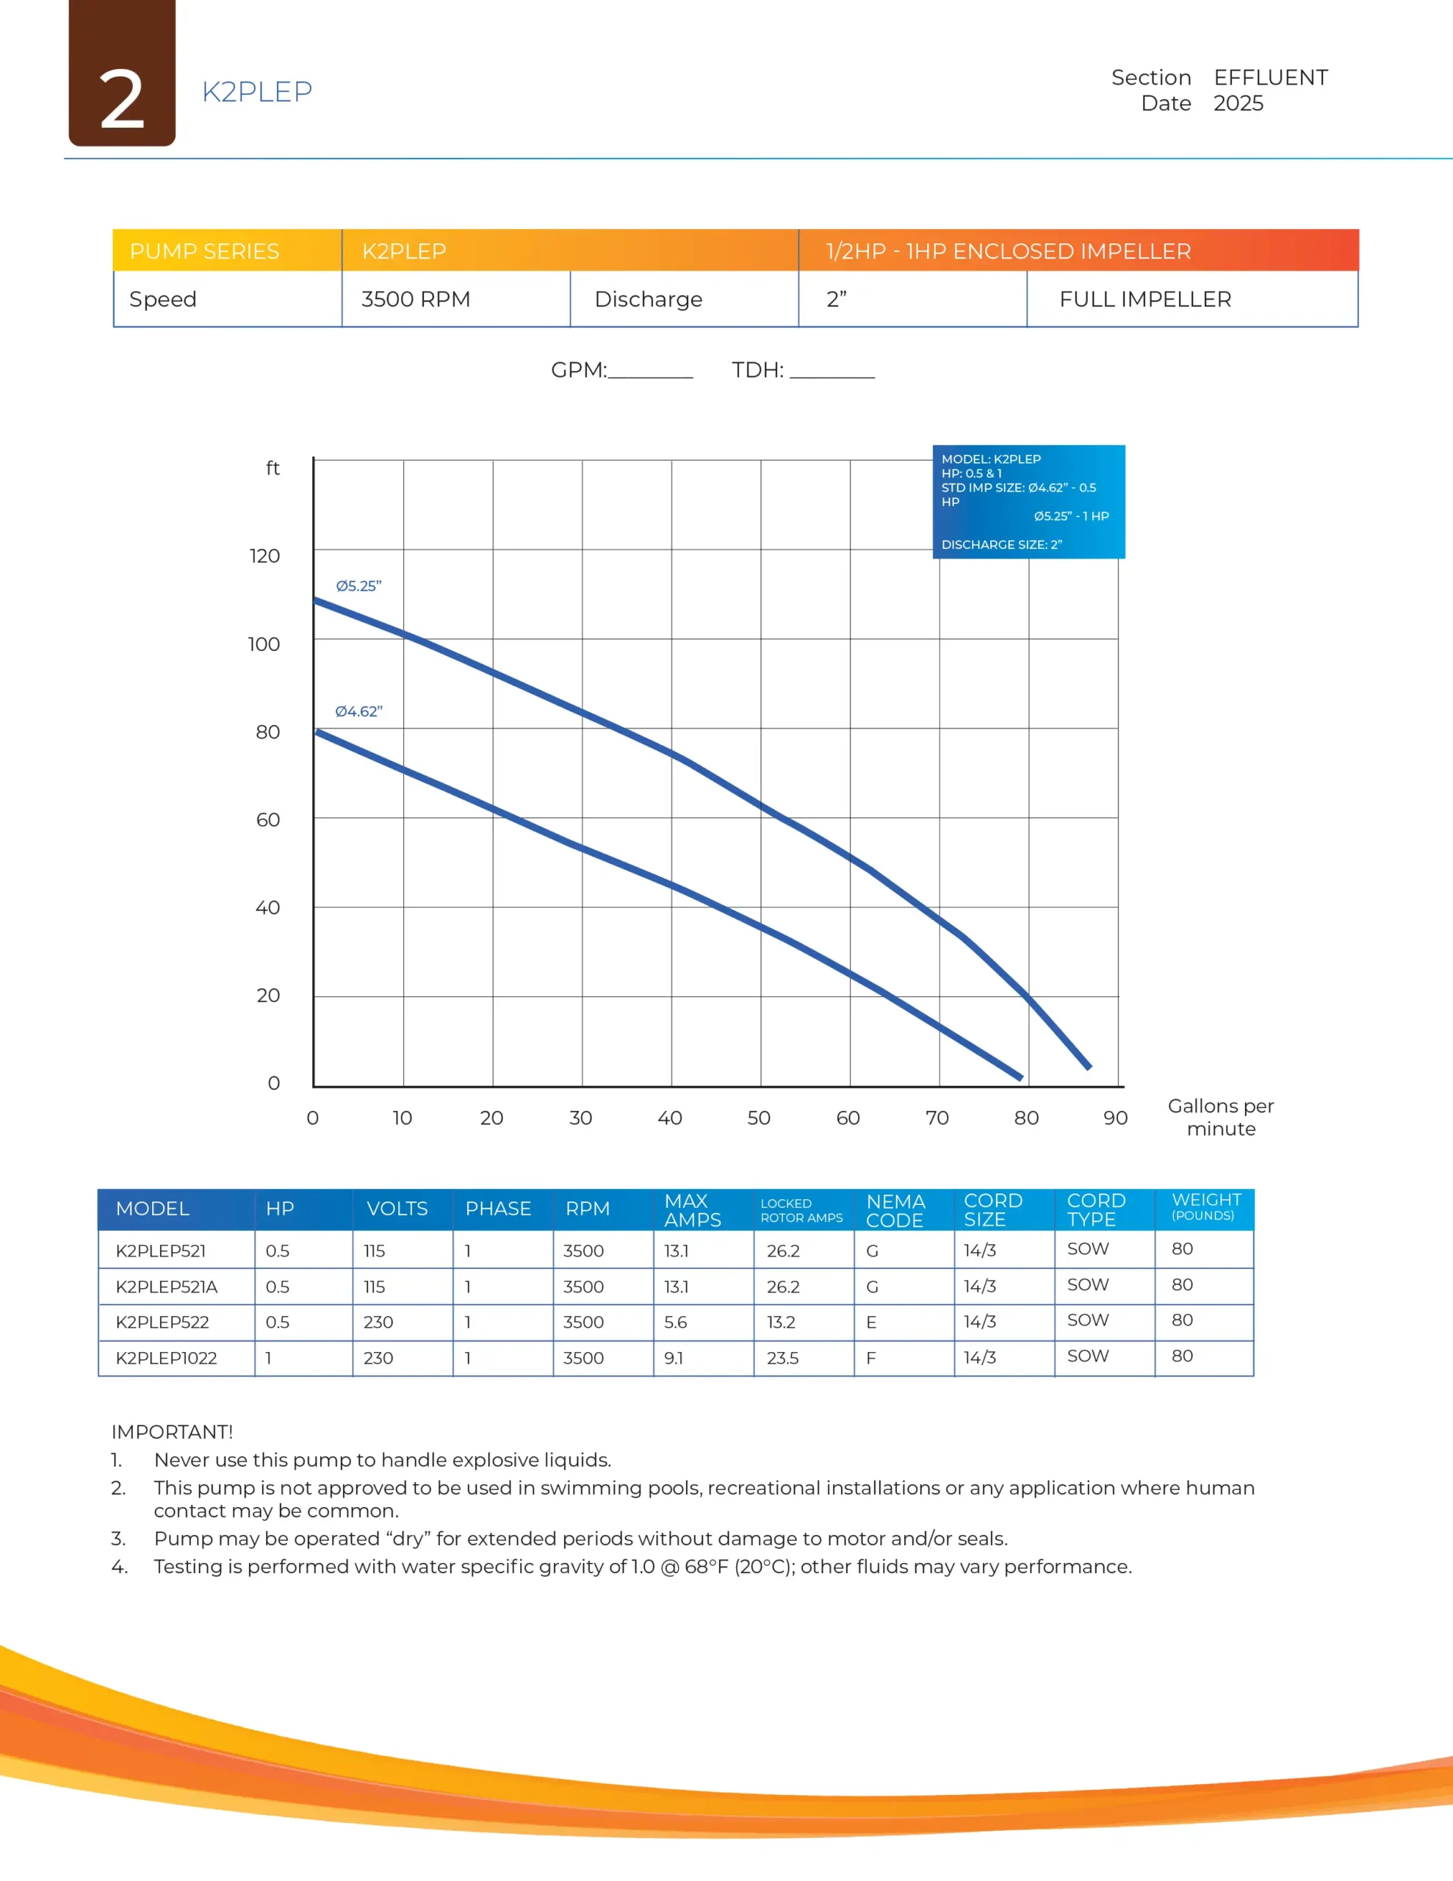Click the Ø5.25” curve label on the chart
click(x=358, y=586)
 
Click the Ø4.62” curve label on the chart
click(x=358, y=711)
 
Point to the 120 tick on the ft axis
click(x=264, y=555)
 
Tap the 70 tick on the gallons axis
click(x=937, y=1118)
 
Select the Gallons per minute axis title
click(x=1220, y=1117)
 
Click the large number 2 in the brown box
click(x=121, y=101)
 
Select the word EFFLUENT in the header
click(x=1270, y=77)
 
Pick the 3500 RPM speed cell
click(x=415, y=299)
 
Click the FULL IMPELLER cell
click(x=1144, y=299)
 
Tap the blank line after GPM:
click(x=650, y=372)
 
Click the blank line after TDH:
click(x=832, y=372)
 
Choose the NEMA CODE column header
click(x=895, y=1210)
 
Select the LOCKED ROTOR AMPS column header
click(x=801, y=1210)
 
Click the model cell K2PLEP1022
click(x=166, y=1358)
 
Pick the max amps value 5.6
click(x=675, y=1322)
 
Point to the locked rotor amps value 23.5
click(x=782, y=1358)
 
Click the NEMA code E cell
click(x=872, y=1322)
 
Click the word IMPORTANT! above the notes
click(x=172, y=1431)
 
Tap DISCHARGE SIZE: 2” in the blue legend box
click(x=1002, y=544)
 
